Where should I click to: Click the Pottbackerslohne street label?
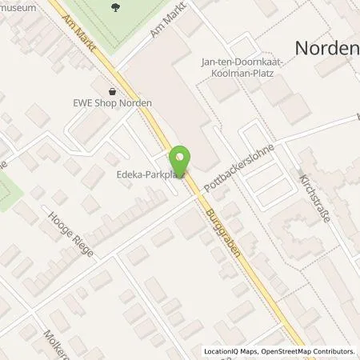click(x=238, y=167)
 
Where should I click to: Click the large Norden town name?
click(x=328, y=48)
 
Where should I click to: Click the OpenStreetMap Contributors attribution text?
click(x=308, y=351)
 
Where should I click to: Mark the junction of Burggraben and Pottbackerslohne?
click(x=192, y=190)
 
